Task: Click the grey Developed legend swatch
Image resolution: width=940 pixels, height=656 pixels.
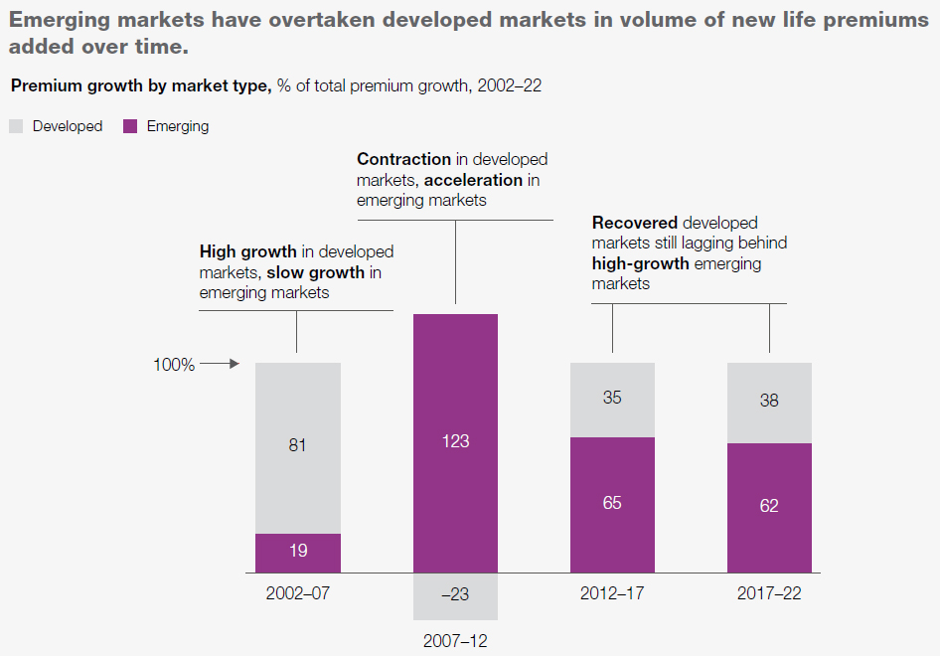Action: (17, 126)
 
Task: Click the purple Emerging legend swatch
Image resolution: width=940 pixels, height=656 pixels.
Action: (130, 126)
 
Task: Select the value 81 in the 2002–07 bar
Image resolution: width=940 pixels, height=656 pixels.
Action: (297, 445)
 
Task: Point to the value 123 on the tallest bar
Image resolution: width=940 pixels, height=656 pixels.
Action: (455, 440)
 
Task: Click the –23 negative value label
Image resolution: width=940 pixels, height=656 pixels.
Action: (455, 595)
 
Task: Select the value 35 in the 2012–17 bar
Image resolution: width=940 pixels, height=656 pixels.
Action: (612, 398)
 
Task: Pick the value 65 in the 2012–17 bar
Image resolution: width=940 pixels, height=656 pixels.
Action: (612, 503)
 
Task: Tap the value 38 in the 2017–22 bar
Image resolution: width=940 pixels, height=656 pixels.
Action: (769, 401)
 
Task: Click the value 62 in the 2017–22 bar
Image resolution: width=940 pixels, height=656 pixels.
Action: (769, 506)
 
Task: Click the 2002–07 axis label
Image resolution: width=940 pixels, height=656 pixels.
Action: (297, 594)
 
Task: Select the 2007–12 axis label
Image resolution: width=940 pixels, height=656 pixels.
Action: (455, 640)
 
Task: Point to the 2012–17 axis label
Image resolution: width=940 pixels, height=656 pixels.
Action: (612, 594)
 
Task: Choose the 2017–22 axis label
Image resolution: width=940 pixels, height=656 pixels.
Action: (769, 594)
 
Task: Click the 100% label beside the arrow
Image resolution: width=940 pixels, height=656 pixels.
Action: (174, 365)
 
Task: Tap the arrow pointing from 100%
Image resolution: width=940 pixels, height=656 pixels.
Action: (221, 365)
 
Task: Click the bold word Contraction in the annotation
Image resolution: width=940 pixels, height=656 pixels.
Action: (403, 159)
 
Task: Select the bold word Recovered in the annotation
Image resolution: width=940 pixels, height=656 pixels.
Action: (635, 223)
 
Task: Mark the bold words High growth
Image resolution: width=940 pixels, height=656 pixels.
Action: (248, 251)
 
